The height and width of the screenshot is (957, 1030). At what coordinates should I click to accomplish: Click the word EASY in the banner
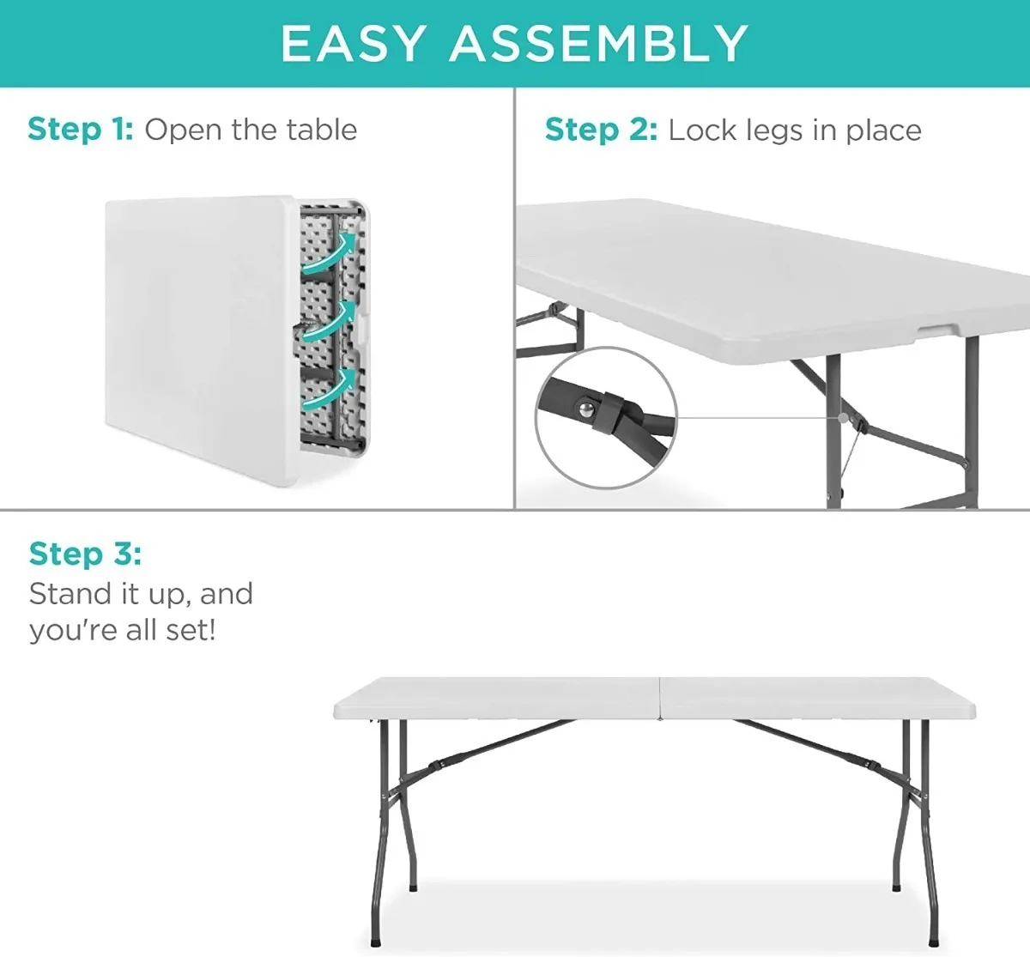354,44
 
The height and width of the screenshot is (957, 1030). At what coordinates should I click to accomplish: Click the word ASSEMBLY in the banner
599,44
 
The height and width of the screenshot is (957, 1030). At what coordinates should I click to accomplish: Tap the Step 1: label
81,130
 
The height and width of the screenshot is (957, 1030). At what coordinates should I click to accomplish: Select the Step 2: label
601,130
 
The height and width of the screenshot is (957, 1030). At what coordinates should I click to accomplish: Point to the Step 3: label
85,554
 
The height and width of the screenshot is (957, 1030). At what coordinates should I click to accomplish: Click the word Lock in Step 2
702,130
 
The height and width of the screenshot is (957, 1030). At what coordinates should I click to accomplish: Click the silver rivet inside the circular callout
585,410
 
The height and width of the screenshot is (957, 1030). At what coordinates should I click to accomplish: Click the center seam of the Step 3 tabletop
660,698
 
